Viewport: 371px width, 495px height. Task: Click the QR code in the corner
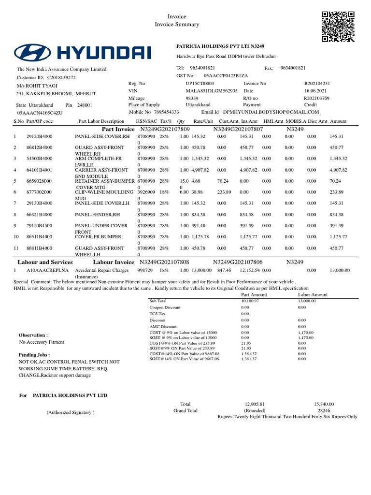[339, 27]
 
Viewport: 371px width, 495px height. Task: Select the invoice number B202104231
[316, 84]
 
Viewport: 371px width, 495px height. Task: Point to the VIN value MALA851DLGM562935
[212, 91]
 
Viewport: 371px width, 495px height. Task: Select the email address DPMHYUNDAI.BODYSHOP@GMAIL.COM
[271, 112]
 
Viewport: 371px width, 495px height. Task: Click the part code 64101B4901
[40, 170]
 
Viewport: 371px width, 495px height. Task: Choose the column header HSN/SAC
[146, 121]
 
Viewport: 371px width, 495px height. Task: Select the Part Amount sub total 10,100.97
[250, 301]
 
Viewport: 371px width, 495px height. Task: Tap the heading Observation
[33, 335]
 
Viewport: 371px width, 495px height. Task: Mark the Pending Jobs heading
[35, 354]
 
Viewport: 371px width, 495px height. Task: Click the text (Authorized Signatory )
[71, 412]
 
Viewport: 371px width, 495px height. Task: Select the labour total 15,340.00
[324, 404]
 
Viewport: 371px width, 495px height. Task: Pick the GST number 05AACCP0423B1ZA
[226, 76]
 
